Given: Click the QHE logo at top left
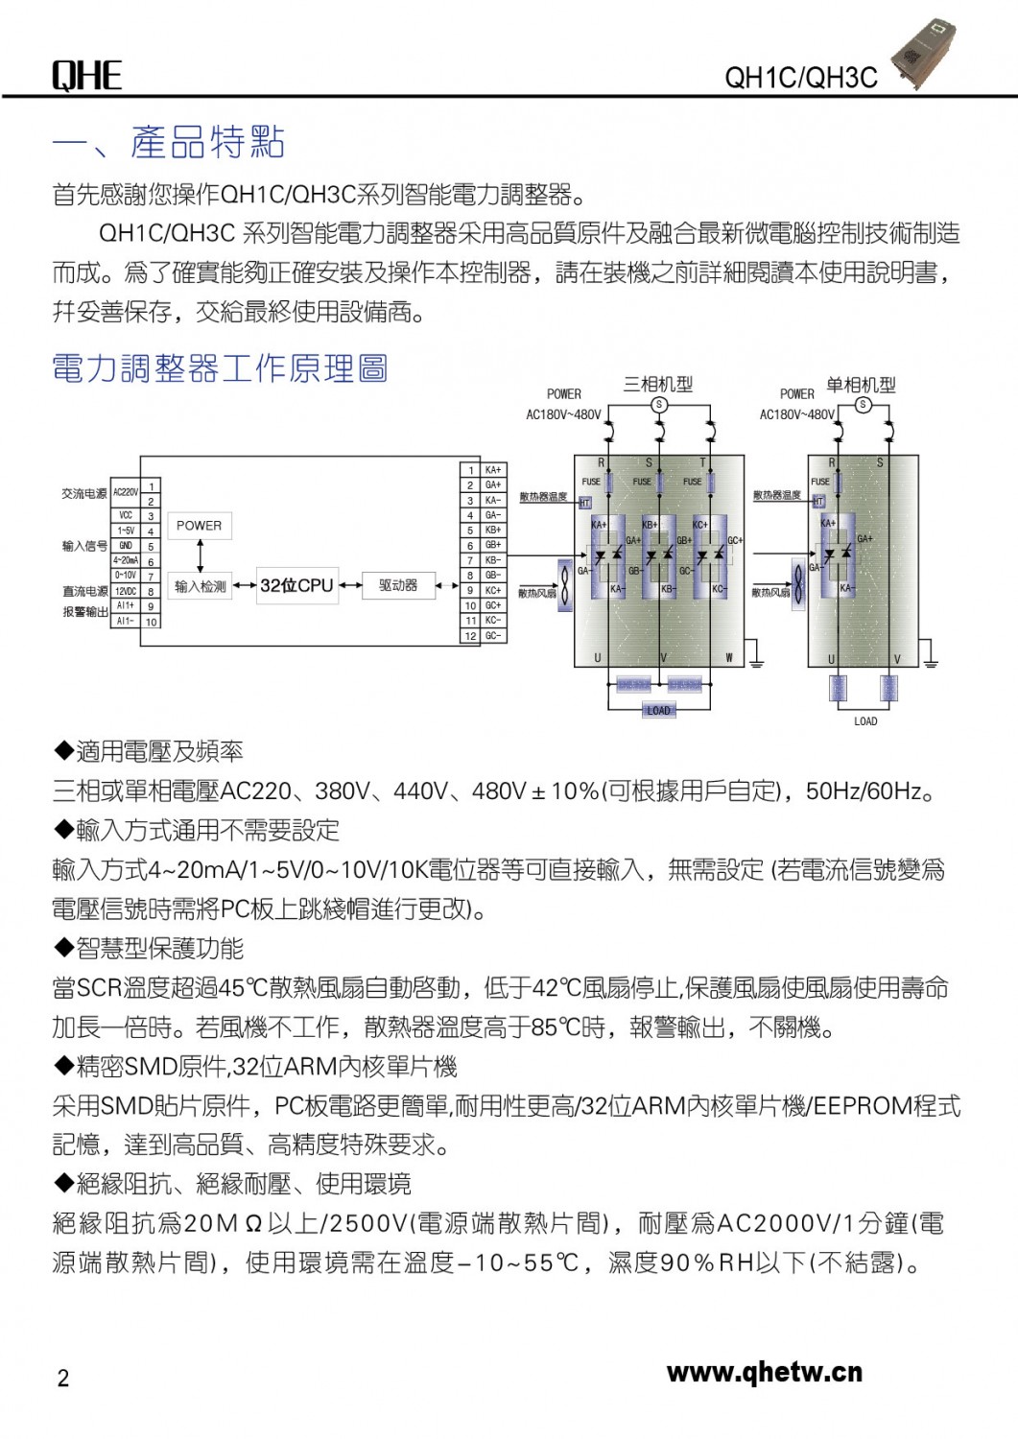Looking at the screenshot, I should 86,75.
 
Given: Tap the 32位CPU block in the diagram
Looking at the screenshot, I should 296,585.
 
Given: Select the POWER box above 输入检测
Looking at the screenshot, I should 199,526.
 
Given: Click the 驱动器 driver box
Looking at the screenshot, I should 398,585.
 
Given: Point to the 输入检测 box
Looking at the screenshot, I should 200,586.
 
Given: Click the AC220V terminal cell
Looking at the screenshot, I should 126,492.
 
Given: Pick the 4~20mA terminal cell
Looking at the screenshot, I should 126,560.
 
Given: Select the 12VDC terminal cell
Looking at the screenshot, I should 126,592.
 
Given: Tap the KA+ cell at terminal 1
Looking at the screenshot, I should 493,470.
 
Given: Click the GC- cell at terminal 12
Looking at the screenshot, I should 493,635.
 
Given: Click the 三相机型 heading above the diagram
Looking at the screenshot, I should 658,385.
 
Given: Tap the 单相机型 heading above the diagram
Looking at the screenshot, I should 861,385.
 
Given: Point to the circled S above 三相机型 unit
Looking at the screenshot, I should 659,405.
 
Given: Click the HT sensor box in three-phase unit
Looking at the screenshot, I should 584,503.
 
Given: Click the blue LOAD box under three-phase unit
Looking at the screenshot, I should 659,710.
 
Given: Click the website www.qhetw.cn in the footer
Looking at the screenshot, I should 764,1373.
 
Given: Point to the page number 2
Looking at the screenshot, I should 63,1379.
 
